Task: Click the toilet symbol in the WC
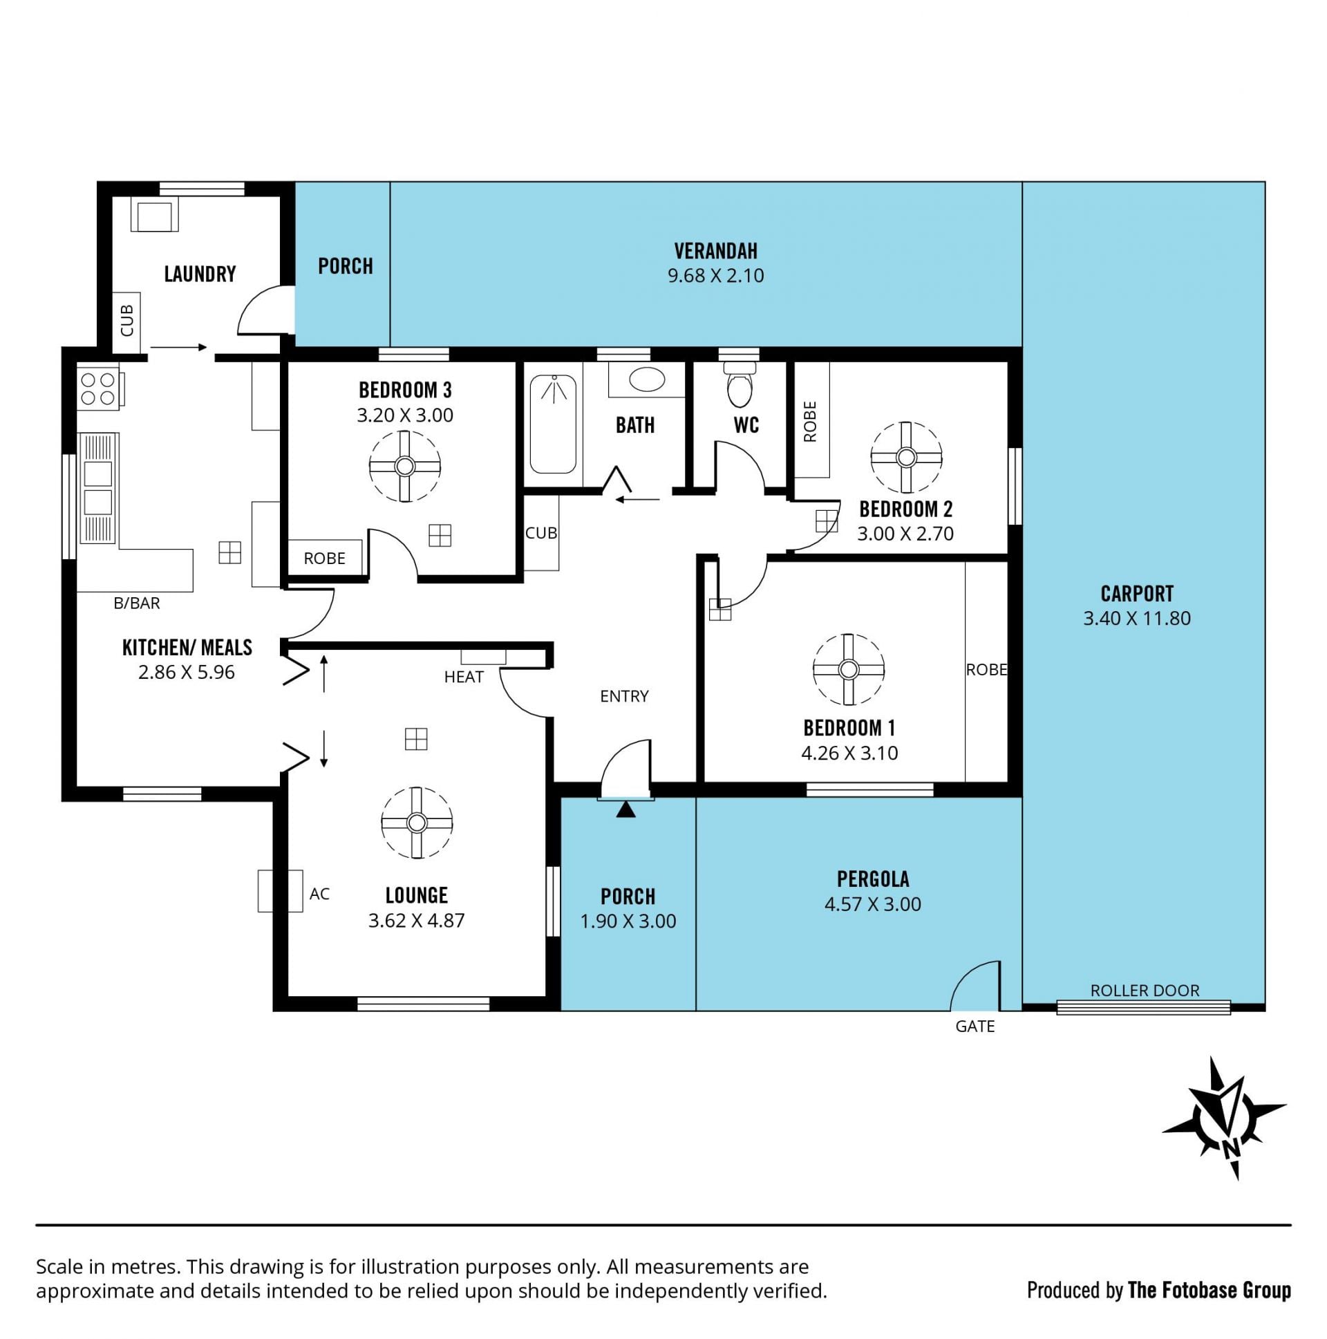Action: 740,385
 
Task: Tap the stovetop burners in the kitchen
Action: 97,388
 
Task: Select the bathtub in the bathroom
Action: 553,424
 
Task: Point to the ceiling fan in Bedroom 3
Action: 405,466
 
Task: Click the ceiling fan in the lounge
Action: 417,823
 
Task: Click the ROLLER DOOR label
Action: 1145,991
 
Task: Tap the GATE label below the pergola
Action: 975,1027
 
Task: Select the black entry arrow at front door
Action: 625,809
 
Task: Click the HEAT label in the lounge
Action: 464,677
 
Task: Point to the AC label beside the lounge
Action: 319,894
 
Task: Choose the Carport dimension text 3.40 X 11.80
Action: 1137,618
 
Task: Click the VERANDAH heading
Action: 716,251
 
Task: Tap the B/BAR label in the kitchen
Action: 137,603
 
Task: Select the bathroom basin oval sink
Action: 647,379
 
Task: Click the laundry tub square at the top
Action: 155,215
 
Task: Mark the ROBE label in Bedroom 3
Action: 324,558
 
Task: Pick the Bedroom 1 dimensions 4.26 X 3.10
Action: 849,753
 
